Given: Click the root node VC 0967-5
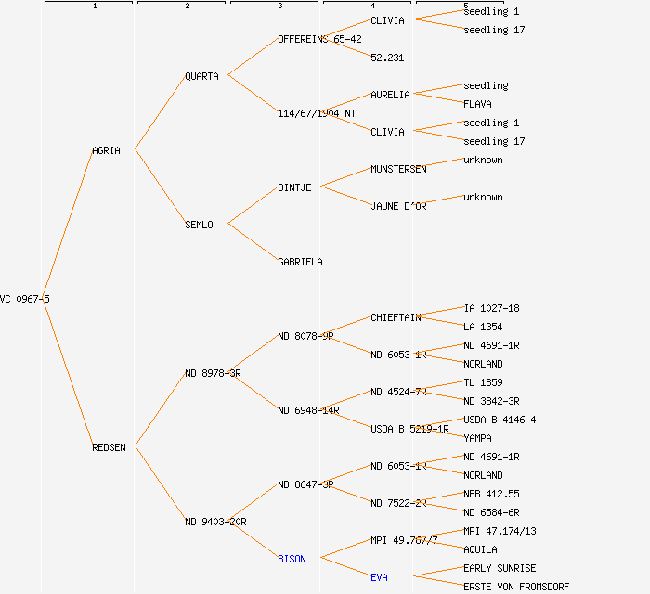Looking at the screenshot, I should pos(24,299).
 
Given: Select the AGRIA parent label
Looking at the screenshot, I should pos(106,150).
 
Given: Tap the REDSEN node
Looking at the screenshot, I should pos(109,447).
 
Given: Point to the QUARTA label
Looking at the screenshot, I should pos(201,76).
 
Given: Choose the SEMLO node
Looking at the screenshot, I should pos(199,225).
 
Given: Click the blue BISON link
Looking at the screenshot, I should pos(292,559).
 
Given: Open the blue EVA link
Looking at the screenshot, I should pos(379,577).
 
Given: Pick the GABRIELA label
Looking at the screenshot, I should pos(300,262).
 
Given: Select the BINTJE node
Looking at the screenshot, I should pos(294,187).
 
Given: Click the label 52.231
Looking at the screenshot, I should pos(387,58).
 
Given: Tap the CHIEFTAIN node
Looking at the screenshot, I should pos(396,317).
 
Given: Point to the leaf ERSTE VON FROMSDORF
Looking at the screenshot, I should pos(515,587).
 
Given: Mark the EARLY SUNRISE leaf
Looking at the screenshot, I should pos(500,568).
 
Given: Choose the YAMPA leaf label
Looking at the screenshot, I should pos(477,438).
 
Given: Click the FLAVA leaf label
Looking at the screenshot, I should pos(477,104).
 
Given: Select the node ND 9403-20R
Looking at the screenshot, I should pos(215,522).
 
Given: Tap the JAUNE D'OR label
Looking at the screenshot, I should pos(398,206).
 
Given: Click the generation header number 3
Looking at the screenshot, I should pos(279,6).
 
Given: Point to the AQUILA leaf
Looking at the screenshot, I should pos(480,549).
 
